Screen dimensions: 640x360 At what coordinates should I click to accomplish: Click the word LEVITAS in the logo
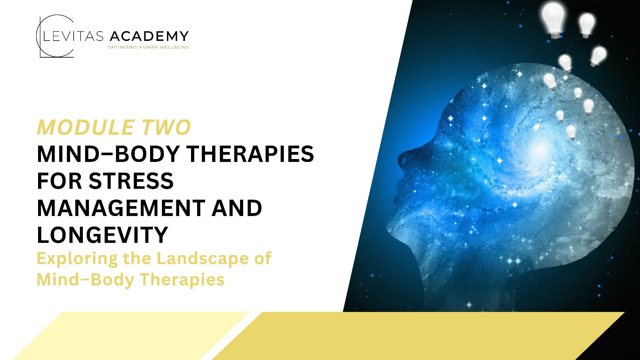tap(73, 36)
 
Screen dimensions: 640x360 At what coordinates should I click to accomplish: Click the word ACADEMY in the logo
tap(149, 36)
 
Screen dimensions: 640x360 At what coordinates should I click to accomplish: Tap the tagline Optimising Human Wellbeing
tap(148, 47)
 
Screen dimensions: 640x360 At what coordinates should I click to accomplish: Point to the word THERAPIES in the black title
tap(250, 154)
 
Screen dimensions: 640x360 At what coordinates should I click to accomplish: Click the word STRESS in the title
tap(131, 181)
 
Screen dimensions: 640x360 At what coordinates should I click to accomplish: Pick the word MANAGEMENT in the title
tap(121, 208)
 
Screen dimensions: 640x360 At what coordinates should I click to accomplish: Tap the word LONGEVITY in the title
tap(102, 235)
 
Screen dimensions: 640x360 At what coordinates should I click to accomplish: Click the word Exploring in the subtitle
tap(77, 259)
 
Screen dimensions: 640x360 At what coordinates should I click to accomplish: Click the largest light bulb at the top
tap(553, 19)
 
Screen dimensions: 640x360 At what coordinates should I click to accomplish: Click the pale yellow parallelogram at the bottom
tap(131, 336)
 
